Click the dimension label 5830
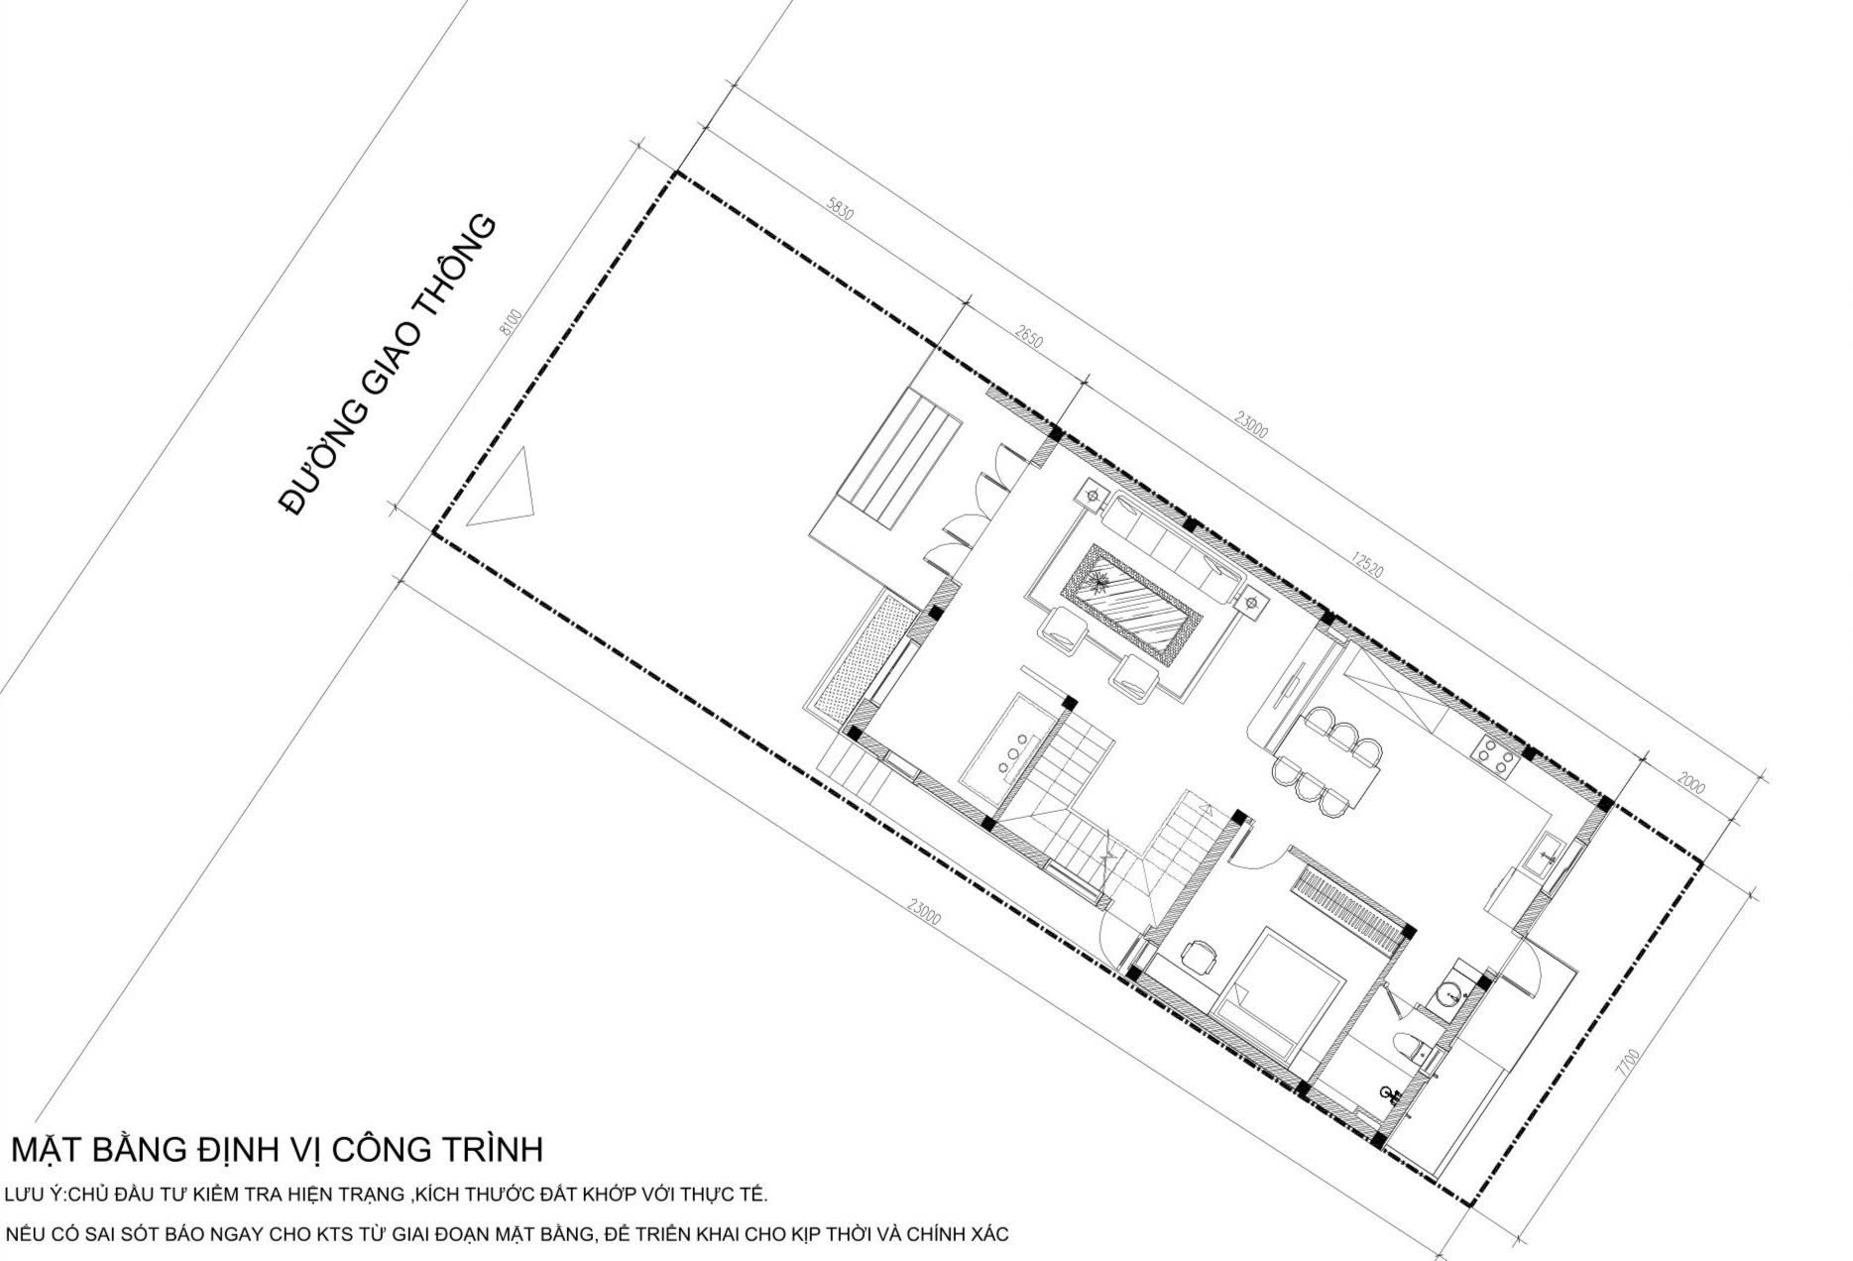[x=839, y=212]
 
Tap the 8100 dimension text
[x=511, y=323]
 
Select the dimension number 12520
[x=1365, y=564]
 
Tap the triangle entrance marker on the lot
[x=504, y=489]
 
